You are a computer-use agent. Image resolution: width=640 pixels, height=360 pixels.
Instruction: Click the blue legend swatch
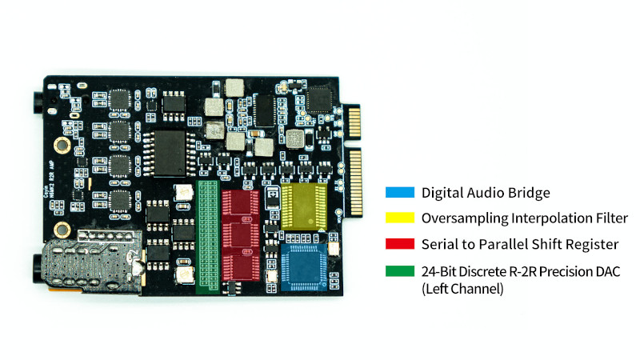(398, 193)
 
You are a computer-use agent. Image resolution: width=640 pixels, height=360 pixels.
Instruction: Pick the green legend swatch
(398, 270)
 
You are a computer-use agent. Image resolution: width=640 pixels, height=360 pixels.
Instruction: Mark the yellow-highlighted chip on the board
(305, 206)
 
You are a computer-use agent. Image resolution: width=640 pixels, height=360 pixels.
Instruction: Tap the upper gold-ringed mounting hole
(58, 144)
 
